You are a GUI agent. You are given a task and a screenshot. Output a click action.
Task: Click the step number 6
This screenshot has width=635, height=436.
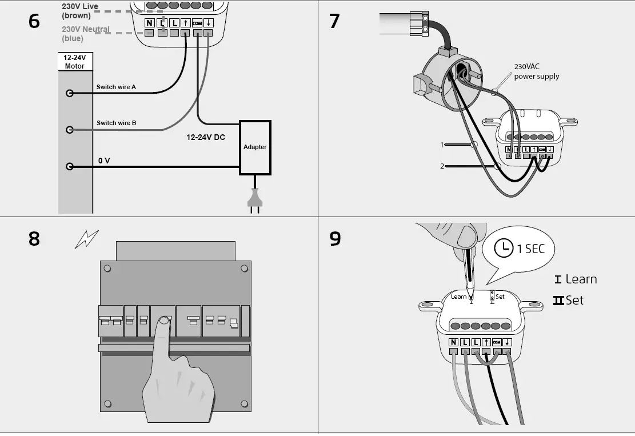click(34, 21)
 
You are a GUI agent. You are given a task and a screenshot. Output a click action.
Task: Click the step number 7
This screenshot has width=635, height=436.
click(334, 21)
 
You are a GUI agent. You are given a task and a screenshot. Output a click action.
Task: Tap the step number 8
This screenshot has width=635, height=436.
click(34, 238)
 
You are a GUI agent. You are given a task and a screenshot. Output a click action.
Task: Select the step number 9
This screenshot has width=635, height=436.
click(335, 238)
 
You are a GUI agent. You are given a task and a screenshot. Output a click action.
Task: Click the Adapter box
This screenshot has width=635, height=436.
click(255, 147)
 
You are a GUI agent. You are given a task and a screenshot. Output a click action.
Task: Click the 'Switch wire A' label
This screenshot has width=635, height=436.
click(116, 87)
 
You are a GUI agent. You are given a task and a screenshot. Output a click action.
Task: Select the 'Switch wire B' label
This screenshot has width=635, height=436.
click(116, 123)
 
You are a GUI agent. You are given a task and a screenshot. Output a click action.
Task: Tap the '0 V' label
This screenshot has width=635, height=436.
click(104, 161)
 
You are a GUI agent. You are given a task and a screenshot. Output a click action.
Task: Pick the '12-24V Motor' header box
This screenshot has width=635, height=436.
click(75, 62)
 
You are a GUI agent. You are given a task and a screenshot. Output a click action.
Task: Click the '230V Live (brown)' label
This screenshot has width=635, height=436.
click(79, 11)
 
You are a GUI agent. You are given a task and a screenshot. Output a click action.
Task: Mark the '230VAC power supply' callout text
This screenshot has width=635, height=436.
click(536, 71)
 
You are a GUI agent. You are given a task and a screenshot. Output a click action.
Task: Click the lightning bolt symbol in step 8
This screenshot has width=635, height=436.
click(86, 238)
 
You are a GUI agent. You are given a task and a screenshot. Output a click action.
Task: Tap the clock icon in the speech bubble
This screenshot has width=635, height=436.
click(503, 248)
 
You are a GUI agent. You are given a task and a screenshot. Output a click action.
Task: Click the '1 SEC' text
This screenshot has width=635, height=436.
click(531, 249)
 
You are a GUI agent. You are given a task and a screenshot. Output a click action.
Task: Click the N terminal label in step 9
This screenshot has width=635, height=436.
click(453, 343)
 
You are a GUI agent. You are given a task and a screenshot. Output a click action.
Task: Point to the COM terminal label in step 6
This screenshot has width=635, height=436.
click(197, 23)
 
